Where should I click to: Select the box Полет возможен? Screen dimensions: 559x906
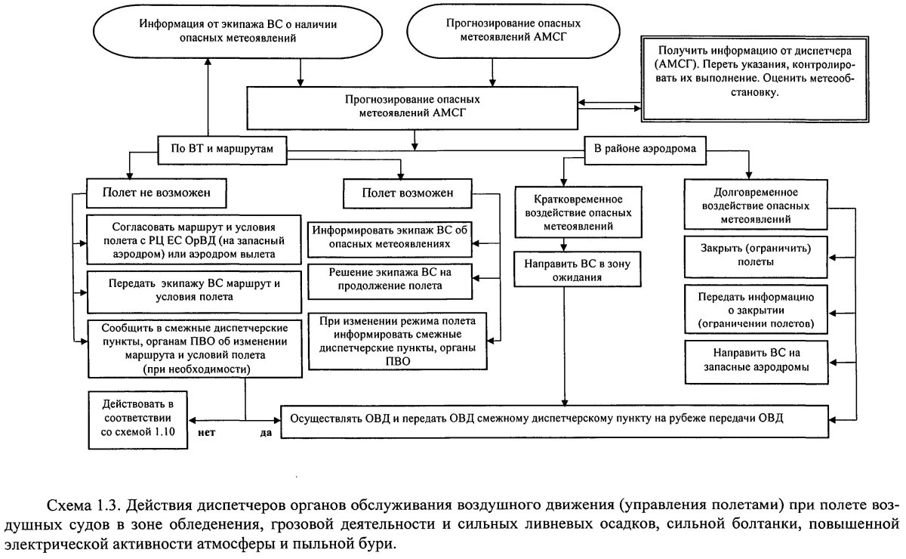(408, 193)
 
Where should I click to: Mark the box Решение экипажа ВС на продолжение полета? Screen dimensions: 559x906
(390, 279)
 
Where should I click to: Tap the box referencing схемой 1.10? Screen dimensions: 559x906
(137, 416)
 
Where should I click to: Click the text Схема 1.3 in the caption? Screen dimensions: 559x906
(79, 505)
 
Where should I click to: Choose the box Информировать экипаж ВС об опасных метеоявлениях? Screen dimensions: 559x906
(392, 237)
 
